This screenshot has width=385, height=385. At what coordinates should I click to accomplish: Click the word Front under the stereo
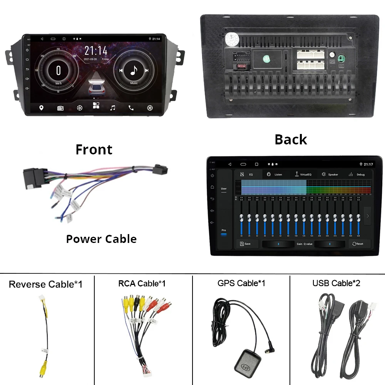[94, 149]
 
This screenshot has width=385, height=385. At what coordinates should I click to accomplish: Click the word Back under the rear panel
[291, 139]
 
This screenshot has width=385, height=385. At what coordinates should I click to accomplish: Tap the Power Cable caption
[101, 239]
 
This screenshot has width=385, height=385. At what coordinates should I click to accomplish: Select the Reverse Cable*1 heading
[45, 285]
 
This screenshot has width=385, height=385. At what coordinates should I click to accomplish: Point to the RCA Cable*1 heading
[142, 284]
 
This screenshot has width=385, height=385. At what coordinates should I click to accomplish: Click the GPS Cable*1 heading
[241, 283]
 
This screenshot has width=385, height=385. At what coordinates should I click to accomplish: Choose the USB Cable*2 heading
[336, 283]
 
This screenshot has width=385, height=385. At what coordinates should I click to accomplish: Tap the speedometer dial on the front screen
[59, 70]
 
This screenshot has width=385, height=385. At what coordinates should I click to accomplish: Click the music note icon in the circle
[134, 70]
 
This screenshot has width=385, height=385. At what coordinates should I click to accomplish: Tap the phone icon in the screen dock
[131, 108]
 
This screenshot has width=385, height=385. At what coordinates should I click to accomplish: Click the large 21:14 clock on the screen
[96, 51]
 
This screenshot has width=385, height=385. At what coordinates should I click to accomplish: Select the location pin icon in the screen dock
[42, 108]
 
